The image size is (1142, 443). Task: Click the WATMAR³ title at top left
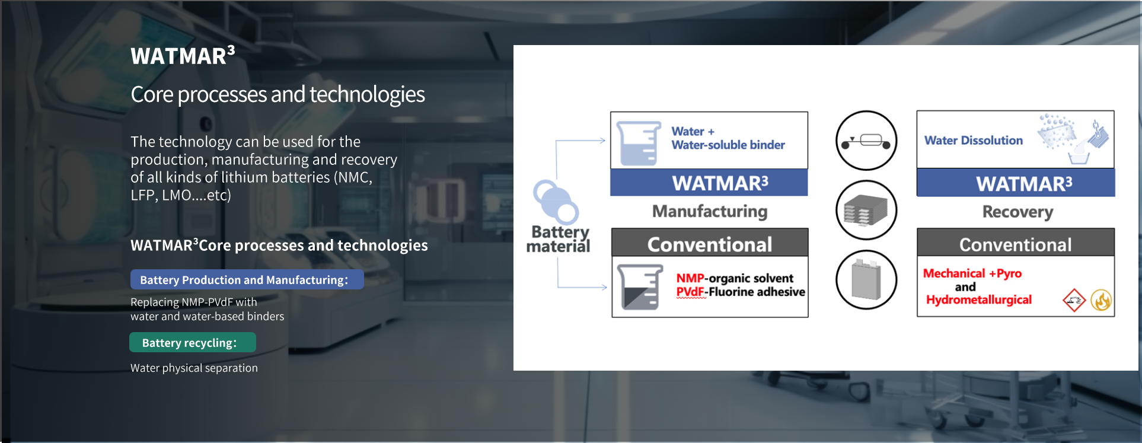coord(183,55)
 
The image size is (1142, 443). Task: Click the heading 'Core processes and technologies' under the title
coord(277,94)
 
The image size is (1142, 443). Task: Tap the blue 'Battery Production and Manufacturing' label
coord(247,279)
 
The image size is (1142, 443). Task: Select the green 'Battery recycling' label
coord(193,342)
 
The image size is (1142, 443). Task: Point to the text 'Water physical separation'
coord(194,368)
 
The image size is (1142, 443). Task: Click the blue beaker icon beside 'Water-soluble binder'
coord(639,143)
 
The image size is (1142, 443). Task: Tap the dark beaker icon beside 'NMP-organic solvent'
coord(640,287)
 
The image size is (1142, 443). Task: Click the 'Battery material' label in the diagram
coord(558,239)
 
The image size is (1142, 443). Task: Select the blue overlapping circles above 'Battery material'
coord(556,202)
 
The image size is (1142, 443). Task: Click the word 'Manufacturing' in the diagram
coord(710,211)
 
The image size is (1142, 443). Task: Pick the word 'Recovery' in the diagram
coord(1017,212)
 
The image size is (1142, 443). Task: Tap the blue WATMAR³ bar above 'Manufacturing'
coord(709,183)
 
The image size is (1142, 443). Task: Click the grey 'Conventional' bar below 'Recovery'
coord(1016,243)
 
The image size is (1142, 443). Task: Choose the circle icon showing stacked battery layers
coord(866,210)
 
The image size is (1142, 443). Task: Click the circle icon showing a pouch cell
coord(866,280)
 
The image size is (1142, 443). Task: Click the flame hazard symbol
coord(1101,300)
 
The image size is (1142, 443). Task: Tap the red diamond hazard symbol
coord(1074,300)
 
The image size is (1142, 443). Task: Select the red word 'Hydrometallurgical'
coord(979,300)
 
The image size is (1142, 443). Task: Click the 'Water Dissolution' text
coord(974,141)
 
